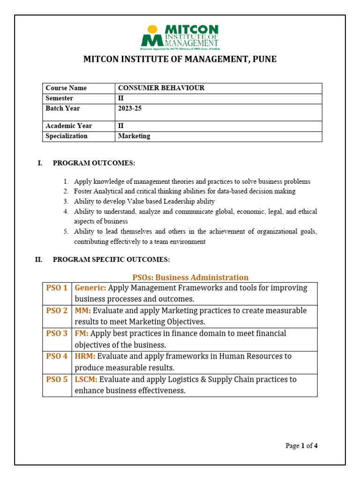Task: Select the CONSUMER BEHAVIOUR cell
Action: click(161, 88)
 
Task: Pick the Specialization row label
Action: click(67, 136)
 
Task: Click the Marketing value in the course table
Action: click(134, 136)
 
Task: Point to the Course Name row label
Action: click(66, 88)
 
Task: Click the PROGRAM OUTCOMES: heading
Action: click(94, 163)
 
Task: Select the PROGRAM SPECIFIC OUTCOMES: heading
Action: click(111, 260)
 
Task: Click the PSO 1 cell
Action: click(57, 288)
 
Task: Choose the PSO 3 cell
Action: click(57, 334)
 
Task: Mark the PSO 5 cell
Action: click(57, 380)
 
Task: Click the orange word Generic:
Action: click(90, 288)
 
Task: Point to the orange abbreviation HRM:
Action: click(85, 357)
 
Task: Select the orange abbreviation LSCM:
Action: click(86, 380)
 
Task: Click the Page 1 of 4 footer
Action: click(301, 446)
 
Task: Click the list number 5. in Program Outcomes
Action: click(66, 232)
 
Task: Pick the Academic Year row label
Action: click(69, 126)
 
